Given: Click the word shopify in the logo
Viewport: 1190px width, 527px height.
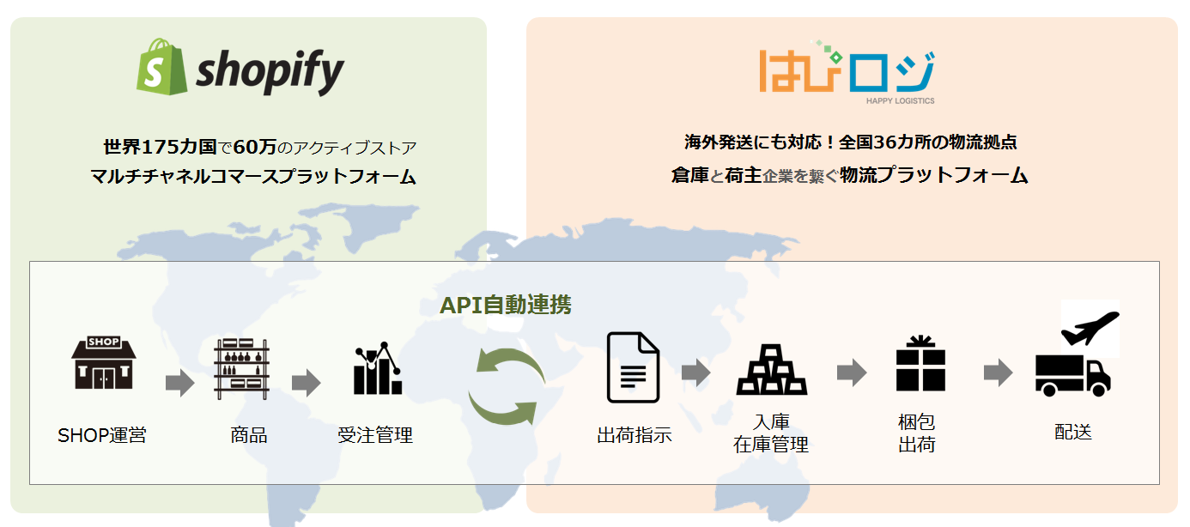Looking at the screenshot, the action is click(x=270, y=71).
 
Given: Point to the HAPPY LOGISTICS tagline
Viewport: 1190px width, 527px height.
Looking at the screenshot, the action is click(x=900, y=101).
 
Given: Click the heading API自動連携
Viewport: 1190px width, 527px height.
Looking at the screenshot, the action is click(x=505, y=305).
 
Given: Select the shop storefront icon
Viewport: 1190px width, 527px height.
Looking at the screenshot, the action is click(x=104, y=362).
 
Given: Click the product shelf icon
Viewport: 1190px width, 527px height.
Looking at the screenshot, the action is click(x=241, y=369).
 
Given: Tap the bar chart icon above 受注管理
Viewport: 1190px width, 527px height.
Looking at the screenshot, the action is click(x=378, y=368).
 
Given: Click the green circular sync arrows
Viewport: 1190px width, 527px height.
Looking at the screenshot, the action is click(x=507, y=386).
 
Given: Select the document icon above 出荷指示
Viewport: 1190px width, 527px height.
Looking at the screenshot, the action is click(x=634, y=367).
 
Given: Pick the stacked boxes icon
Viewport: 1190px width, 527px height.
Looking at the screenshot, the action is click(x=771, y=370).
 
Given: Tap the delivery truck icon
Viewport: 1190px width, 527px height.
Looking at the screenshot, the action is click(x=1072, y=376).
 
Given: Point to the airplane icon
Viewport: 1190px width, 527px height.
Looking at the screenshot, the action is click(x=1090, y=328).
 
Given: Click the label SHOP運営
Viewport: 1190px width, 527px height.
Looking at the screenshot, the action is click(x=102, y=435).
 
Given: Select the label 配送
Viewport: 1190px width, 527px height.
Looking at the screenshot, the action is click(x=1073, y=432).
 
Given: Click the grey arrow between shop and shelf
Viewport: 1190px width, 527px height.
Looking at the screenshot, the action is click(x=180, y=383).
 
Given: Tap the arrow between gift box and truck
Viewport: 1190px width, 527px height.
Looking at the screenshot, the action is click(x=999, y=373).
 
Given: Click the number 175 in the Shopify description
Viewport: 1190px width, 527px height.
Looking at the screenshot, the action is click(x=159, y=147).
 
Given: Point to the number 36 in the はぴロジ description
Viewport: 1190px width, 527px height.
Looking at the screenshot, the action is click(x=885, y=142).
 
